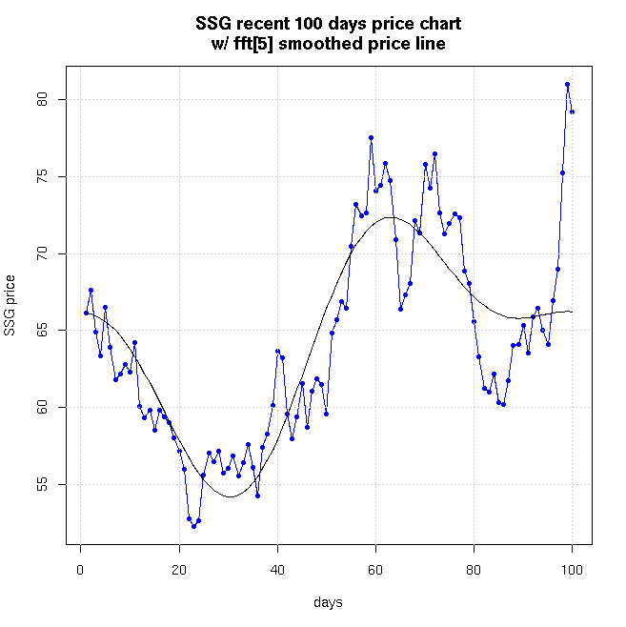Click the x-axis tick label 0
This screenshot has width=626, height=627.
pyautogui.click(x=80, y=570)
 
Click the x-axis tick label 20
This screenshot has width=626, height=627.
pyautogui.click(x=178, y=570)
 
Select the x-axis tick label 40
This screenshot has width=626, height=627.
pyautogui.click(x=277, y=570)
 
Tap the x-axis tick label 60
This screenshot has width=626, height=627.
pyautogui.click(x=375, y=570)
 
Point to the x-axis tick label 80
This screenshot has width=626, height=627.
pyautogui.click(x=474, y=570)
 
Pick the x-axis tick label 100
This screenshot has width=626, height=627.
pyautogui.click(x=572, y=570)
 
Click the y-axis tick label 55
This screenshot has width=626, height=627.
pyautogui.click(x=54, y=484)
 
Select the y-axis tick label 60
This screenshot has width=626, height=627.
pyautogui.click(x=54, y=407)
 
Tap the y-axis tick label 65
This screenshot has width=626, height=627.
pyautogui.click(x=54, y=331)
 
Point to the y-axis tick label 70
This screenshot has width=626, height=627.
pyautogui.click(x=54, y=253)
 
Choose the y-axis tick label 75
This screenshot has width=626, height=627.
pyautogui.click(x=54, y=176)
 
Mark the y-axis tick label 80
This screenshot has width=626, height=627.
pyautogui.click(x=54, y=100)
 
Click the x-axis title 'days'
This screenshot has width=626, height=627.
pyautogui.click(x=327, y=603)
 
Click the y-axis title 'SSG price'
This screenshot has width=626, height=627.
pyautogui.click(x=10, y=305)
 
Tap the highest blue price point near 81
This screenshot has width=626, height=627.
pyautogui.click(x=567, y=84)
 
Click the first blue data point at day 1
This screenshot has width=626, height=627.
pyautogui.click(x=86, y=313)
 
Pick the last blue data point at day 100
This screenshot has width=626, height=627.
pyautogui.click(x=572, y=111)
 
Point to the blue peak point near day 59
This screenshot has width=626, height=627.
pyautogui.click(x=371, y=138)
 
